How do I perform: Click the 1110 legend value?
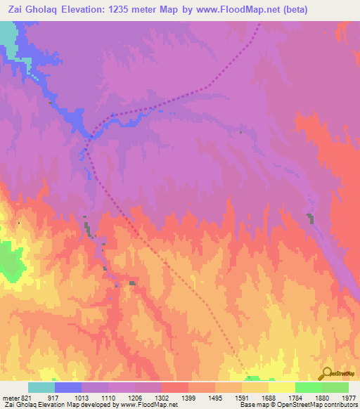[x=108, y=397]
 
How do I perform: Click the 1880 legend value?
[x=322, y=397]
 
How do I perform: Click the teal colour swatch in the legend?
[x=41, y=387]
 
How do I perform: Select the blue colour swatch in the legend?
[x=68, y=387]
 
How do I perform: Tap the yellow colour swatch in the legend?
[x=281, y=387]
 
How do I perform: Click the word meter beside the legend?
[x=10, y=397]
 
